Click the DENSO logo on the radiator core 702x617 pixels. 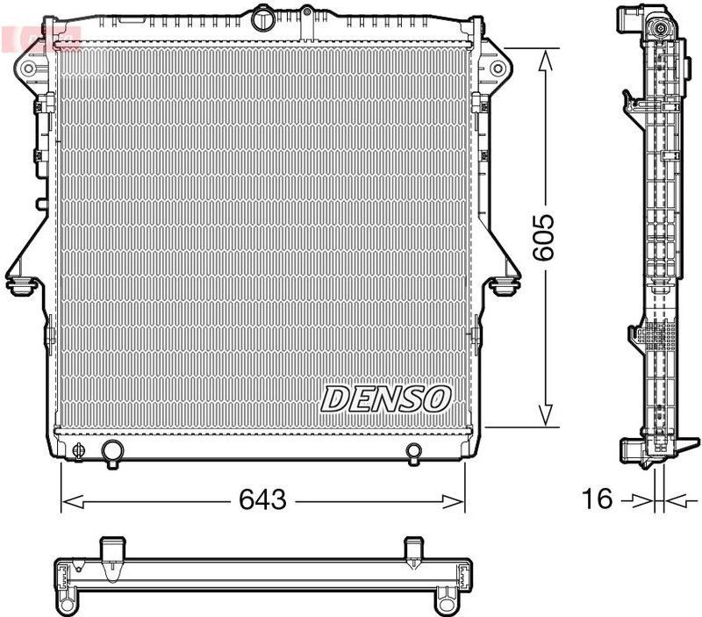click(385, 398)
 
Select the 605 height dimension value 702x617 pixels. click(544, 236)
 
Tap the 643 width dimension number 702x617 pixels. click(263, 500)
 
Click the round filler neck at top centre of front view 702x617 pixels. click(263, 18)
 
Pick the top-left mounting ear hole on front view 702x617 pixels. click(28, 68)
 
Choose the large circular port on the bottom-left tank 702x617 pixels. click(112, 452)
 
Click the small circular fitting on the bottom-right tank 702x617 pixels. click(414, 452)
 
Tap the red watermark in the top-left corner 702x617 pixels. click(40, 38)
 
